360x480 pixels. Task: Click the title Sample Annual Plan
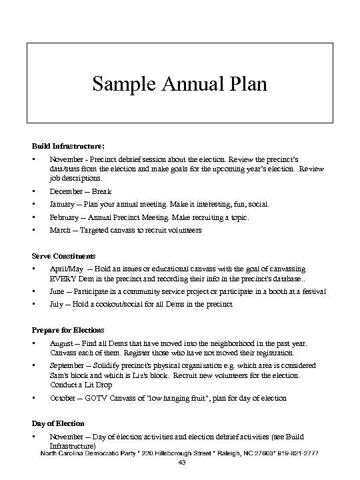pos(179,85)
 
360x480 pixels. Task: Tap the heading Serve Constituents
pos(64,255)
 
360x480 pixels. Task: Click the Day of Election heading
pos(59,423)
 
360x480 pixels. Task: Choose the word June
pos(58,291)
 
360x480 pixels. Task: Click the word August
pos(62,343)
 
